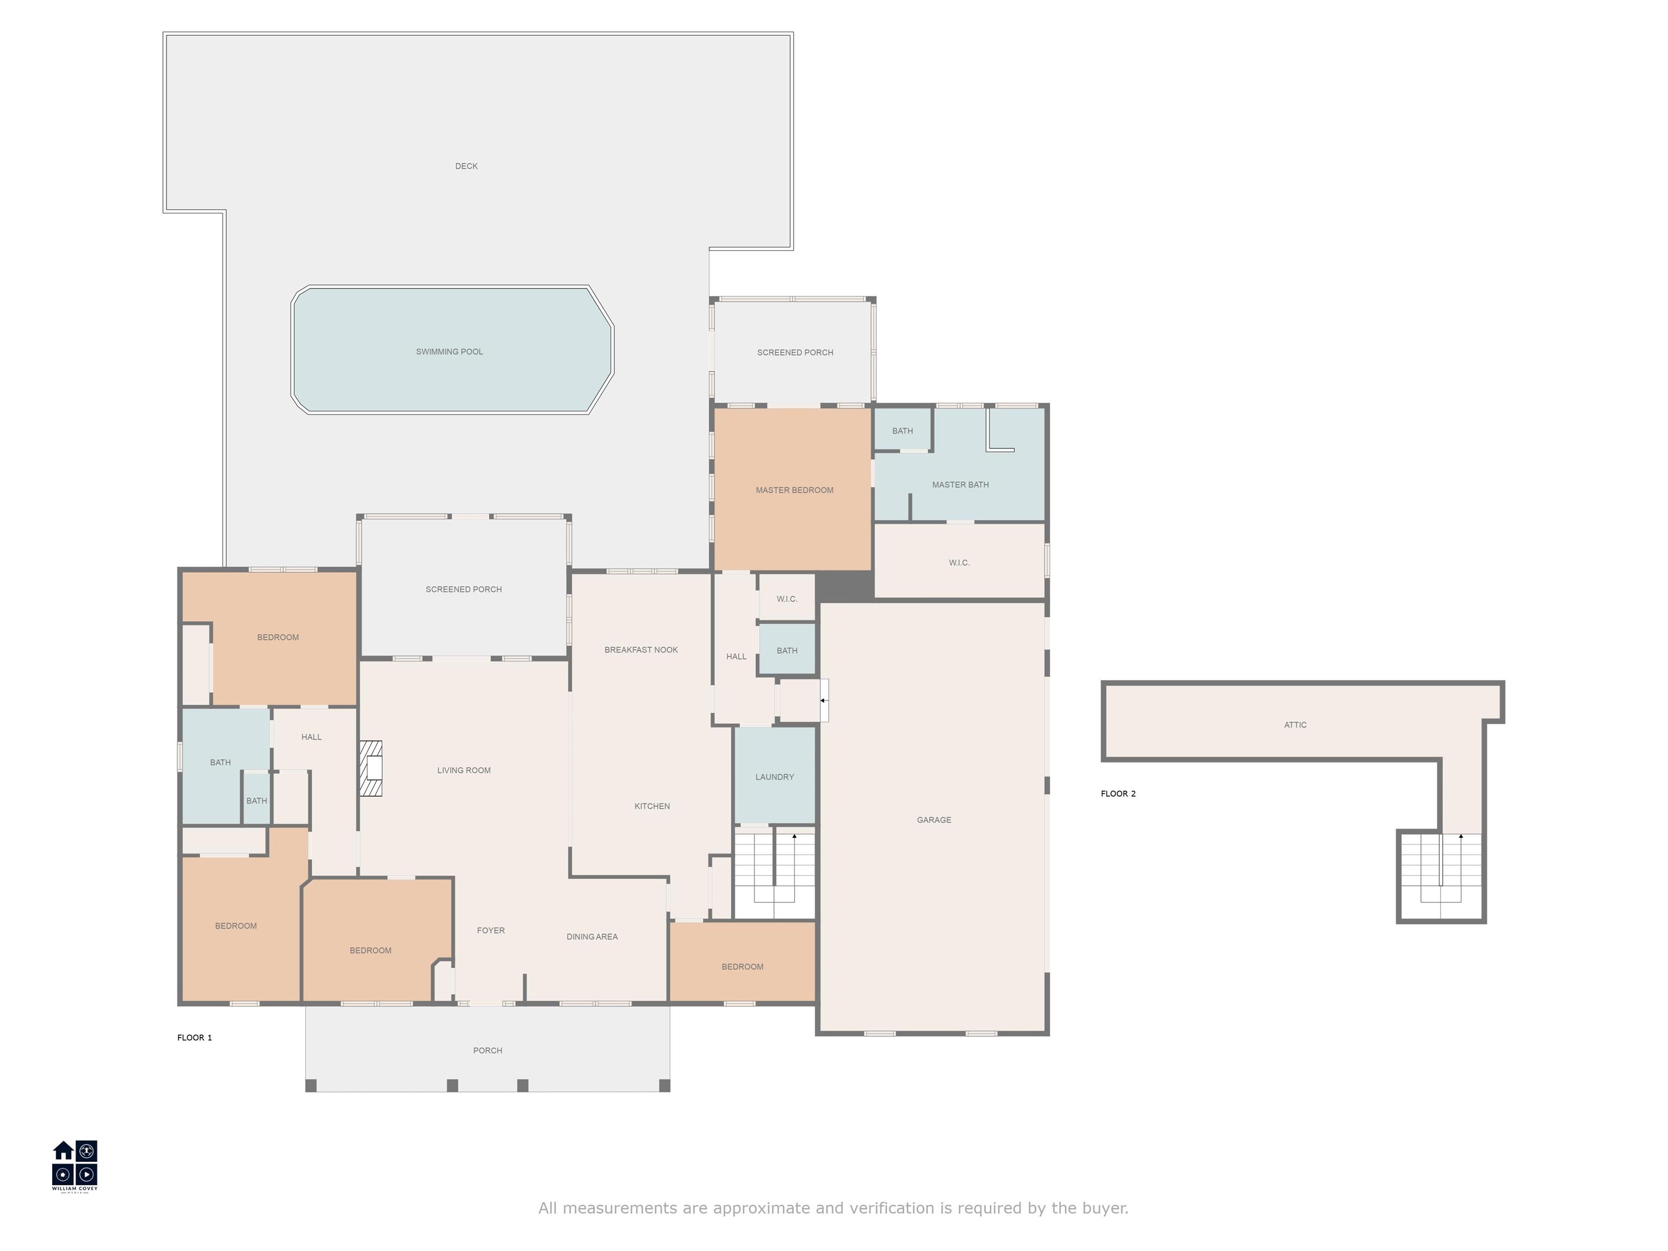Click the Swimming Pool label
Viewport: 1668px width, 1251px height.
coord(450,351)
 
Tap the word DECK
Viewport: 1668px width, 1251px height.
coord(466,166)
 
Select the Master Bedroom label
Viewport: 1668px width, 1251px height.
coord(795,490)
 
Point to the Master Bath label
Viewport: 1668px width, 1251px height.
coord(960,485)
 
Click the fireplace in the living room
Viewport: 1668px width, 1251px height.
coord(370,768)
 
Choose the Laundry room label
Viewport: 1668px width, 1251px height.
coord(774,776)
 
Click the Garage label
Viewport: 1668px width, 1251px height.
coord(933,820)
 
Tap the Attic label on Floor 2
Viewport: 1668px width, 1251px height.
coord(1295,725)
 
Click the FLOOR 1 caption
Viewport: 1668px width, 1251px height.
coord(194,1038)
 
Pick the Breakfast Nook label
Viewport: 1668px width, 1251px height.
coord(641,650)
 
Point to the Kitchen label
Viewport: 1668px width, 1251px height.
coord(652,806)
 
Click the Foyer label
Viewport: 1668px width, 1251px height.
coord(491,931)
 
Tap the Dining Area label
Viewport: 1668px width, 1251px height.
coord(592,937)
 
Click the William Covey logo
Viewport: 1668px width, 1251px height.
coord(74,1166)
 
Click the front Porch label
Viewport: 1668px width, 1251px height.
coord(487,1051)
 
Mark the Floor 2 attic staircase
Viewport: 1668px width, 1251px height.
coord(1441,875)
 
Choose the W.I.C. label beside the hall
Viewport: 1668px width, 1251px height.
coord(787,599)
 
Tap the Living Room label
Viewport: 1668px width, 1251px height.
coord(464,770)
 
